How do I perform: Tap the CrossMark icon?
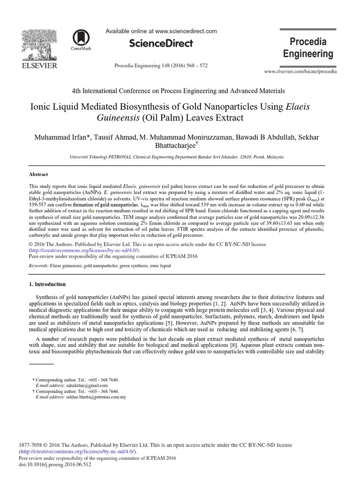(81, 40)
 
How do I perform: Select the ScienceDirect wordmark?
(161, 44)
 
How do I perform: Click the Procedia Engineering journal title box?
(308, 48)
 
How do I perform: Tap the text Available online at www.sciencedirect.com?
(161, 31)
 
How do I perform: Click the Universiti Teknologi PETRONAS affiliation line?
(180, 157)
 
